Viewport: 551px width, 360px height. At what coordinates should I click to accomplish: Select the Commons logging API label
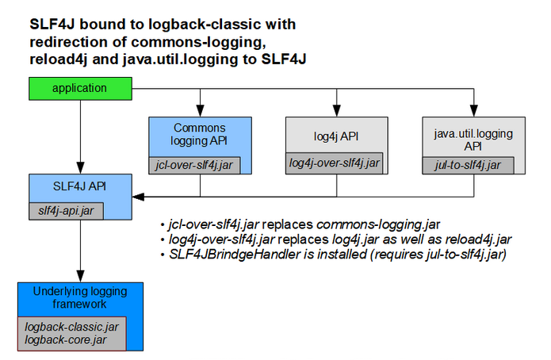[x=200, y=134]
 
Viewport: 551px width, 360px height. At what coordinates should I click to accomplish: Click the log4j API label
[x=335, y=136]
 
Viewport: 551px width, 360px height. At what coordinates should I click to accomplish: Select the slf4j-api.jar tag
[x=66, y=211]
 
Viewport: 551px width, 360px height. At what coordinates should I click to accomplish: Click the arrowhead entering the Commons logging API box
[x=200, y=113]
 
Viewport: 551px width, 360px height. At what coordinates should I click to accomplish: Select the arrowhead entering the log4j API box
[x=336, y=113]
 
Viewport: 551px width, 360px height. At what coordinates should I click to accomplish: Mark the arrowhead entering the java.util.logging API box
[x=473, y=113]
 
